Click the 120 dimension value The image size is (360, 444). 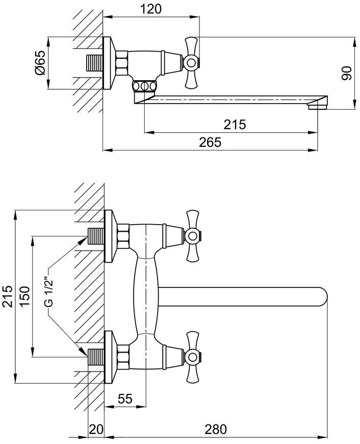pos(151,9)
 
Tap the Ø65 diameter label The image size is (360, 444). pos(40,63)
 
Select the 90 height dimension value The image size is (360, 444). pos(346,73)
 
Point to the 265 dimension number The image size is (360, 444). pos(210,142)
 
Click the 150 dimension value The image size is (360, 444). pos(25,296)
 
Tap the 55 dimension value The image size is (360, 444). pos(125,399)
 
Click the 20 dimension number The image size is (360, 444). pos(96,429)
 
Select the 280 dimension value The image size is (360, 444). pos(216,429)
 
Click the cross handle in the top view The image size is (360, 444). pos(191,62)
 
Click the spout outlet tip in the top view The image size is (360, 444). pos(317,106)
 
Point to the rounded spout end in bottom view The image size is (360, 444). pos(323,297)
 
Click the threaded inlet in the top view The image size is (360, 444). pos(94,63)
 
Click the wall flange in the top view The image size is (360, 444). pos(109,63)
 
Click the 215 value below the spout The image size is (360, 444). pos(235,125)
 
